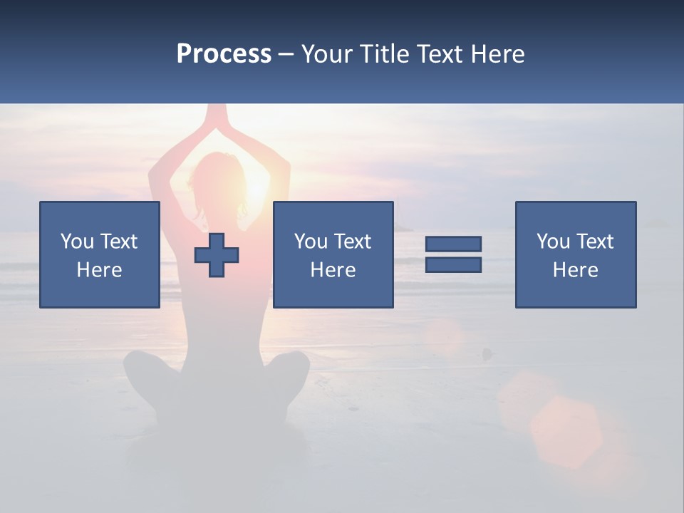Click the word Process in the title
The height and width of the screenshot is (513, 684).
[224, 54]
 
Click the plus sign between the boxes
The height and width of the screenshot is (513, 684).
[217, 255]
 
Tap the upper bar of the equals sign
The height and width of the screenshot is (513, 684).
[453, 244]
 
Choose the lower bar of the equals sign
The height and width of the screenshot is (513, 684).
[453, 264]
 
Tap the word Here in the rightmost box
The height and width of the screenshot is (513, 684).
[576, 270]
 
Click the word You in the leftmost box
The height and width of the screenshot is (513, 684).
[77, 242]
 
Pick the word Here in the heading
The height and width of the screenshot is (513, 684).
[499, 54]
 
